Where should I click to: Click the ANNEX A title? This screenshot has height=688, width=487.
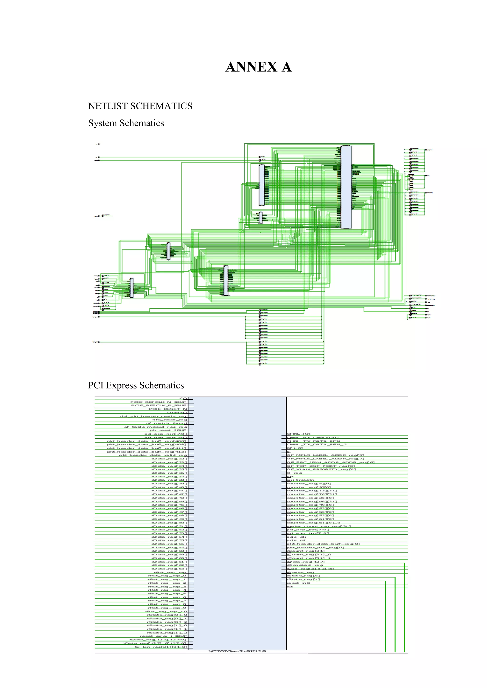(x=258, y=67)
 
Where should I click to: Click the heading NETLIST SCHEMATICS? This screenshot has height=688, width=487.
(x=140, y=106)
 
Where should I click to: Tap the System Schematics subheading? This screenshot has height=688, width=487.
(x=126, y=123)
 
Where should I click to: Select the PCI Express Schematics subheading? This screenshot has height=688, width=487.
(x=136, y=385)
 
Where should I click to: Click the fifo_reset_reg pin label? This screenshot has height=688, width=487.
(x=170, y=420)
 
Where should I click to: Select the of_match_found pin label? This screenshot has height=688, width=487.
(x=166, y=423)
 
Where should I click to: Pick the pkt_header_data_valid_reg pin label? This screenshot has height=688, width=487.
(x=153, y=455)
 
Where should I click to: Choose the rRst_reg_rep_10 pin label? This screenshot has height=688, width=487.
(x=166, y=611)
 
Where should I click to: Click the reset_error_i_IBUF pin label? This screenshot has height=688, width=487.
(x=163, y=636)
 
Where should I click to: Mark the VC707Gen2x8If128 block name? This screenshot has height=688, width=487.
(x=237, y=651)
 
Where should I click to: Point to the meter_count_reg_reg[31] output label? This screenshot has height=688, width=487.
(x=318, y=526)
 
